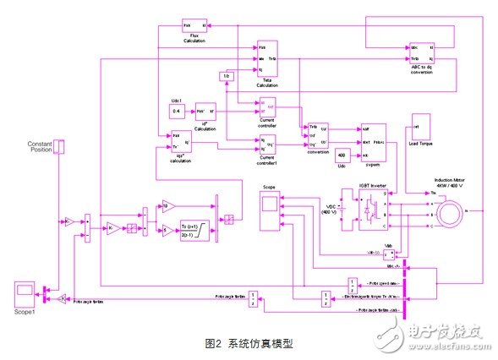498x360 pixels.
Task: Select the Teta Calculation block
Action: tap(266, 57)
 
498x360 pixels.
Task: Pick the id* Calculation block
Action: tap(205, 112)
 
